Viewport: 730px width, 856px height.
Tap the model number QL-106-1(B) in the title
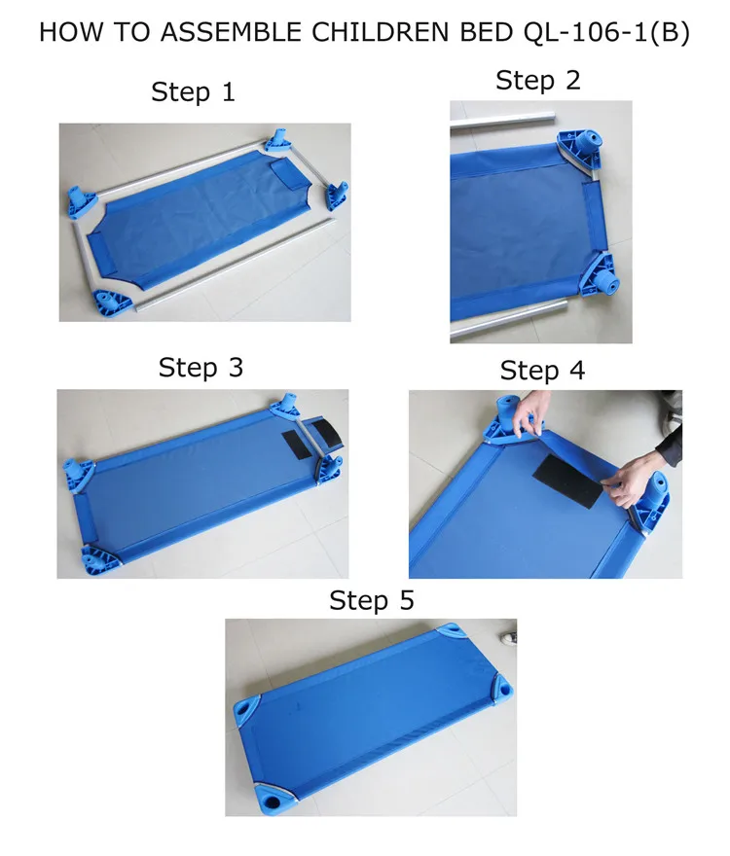click(606, 32)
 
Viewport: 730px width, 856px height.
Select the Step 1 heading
click(193, 91)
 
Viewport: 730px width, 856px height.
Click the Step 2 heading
click(537, 81)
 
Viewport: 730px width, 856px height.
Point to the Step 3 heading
click(201, 368)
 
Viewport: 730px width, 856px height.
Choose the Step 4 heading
click(542, 371)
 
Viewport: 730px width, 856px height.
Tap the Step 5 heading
click(372, 600)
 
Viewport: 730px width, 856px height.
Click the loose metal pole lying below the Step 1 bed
click(234, 265)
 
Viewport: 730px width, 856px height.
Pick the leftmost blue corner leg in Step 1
click(82, 201)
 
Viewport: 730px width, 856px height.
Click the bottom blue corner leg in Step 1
click(111, 303)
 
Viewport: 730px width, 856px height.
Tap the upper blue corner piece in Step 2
click(580, 151)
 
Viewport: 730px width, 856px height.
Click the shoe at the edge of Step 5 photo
click(509, 638)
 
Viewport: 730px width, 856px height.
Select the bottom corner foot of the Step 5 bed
click(274, 799)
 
